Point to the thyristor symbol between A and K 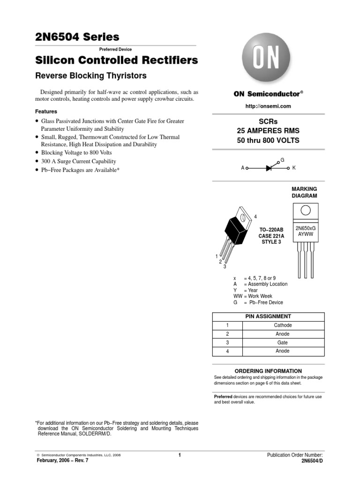click(x=269, y=167)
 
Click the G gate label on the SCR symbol click(x=282, y=160)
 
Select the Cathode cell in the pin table click(x=283, y=325)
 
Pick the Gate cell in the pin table click(x=283, y=343)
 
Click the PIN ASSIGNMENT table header click(x=268, y=316)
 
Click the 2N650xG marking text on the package click(x=306, y=228)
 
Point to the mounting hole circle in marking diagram click(x=306, y=210)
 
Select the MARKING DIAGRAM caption click(x=305, y=192)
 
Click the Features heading click(x=46, y=112)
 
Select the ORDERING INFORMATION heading click(x=268, y=371)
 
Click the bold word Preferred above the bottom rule click(x=223, y=397)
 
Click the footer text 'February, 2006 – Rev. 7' click(x=62, y=460)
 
